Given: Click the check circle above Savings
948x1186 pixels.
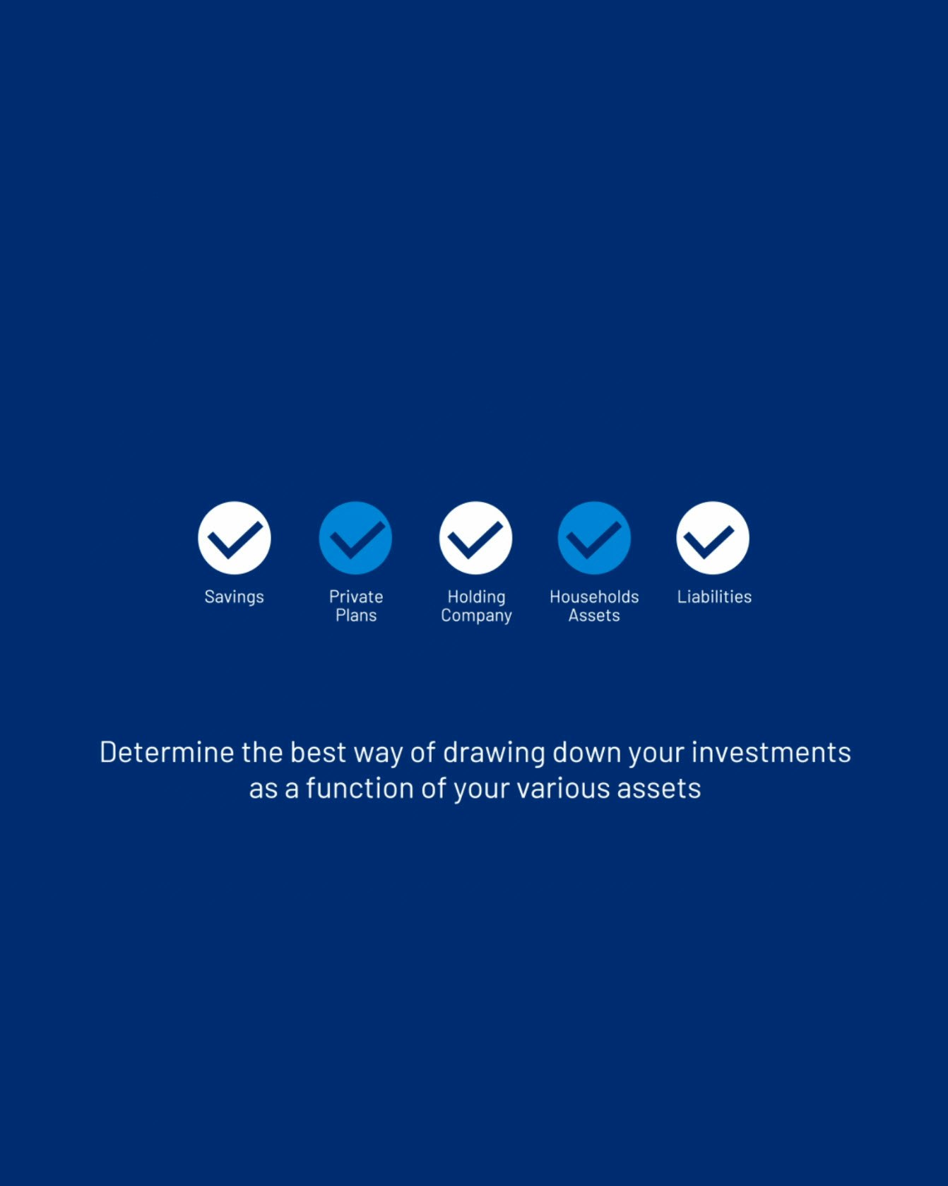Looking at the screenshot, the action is (x=235, y=538).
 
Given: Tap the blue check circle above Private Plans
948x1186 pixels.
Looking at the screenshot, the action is (x=355, y=538).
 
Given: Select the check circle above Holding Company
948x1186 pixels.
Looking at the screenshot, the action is (x=475, y=538).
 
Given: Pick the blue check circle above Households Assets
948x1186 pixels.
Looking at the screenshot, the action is (x=594, y=538).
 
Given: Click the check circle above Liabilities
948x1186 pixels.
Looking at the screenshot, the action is (x=713, y=538).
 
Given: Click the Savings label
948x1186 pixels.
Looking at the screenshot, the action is (x=234, y=597).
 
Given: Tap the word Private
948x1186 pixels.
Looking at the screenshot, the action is (x=356, y=597).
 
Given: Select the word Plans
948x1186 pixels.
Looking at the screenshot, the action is (x=356, y=616).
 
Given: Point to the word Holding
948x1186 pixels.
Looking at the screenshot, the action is (x=476, y=597).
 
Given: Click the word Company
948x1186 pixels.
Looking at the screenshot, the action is (x=476, y=616).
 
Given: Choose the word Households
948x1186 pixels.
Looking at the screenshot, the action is (x=594, y=597).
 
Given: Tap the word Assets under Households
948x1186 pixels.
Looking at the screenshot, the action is (x=594, y=616).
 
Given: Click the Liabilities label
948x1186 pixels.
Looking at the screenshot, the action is (x=714, y=597).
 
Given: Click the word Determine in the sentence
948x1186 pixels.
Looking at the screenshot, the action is (x=167, y=752).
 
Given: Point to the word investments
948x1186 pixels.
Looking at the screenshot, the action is (x=771, y=752).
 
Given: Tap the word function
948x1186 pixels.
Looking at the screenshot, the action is (x=360, y=788).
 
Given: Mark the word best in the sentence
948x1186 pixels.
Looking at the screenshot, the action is (x=319, y=752).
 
